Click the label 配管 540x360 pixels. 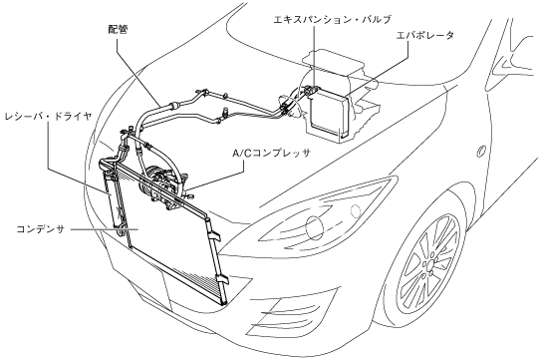click(x=118, y=30)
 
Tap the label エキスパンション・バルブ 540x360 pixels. click(x=333, y=19)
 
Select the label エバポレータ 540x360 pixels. click(x=425, y=35)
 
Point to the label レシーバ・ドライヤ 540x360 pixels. click(x=48, y=117)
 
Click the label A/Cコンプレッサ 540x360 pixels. click(x=271, y=153)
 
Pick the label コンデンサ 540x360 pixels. click(x=41, y=229)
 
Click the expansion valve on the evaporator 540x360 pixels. click(x=312, y=91)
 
